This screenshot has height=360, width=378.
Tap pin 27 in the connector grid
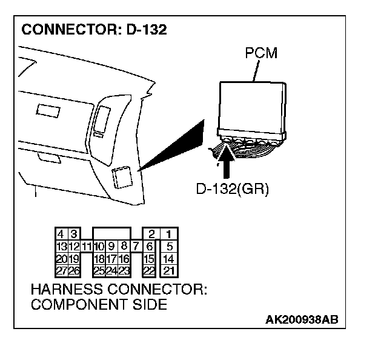click(x=61, y=270)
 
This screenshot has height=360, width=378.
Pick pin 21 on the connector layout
click(x=170, y=270)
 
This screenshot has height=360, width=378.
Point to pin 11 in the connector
click(x=87, y=247)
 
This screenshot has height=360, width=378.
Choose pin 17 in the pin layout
click(x=112, y=259)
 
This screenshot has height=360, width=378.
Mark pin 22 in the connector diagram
click(x=149, y=270)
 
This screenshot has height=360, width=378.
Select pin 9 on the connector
click(x=111, y=247)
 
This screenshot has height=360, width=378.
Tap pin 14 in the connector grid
click(x=170, y=259)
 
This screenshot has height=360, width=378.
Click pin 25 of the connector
click(x=100, y=270)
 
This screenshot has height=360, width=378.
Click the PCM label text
click(x=261, y=53)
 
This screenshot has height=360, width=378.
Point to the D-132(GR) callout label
click(x=232, y=188)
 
